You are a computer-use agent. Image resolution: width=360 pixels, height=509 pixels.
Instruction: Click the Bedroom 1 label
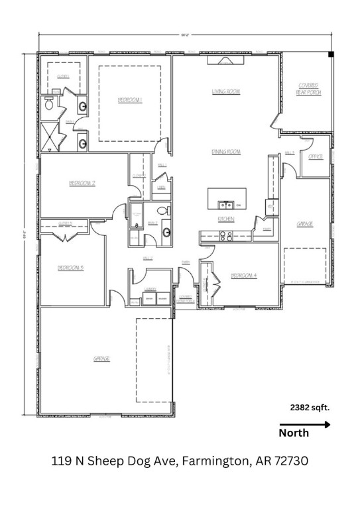tap(131, 100)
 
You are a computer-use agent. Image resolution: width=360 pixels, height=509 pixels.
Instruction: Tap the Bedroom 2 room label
tap(83, 182)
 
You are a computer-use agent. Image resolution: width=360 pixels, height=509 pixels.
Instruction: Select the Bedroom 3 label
tap(70, 268)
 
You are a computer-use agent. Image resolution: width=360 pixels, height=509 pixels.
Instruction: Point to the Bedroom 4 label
tap(243, 275)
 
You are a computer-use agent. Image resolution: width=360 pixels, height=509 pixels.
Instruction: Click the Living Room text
tap(225, 91)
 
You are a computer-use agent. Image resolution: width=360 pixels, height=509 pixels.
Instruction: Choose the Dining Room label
tap(225, 152)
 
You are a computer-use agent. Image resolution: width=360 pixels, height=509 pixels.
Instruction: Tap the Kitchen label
tap(225, 219)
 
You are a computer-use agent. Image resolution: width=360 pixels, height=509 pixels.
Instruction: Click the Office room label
tap(316, 156)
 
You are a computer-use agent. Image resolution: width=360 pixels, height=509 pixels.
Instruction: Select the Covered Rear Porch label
tap(309, 89)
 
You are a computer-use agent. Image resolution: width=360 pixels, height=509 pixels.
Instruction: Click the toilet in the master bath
tap(49, 103)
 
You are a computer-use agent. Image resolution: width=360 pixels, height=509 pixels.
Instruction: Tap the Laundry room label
tap(150, 290)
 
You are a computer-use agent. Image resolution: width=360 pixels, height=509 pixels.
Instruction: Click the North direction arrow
tap(304, 425)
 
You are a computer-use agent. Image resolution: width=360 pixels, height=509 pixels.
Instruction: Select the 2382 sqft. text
tap(310, 408)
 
